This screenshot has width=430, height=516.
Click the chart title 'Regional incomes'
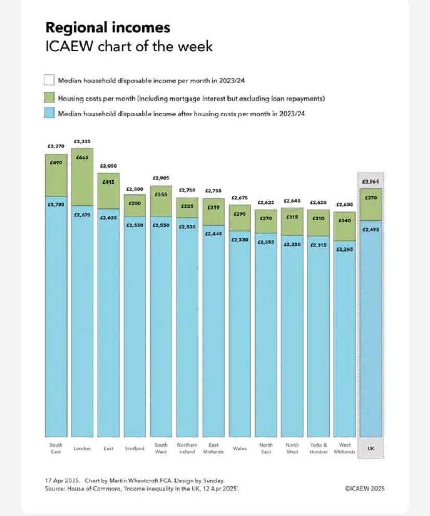[x=107, y=27]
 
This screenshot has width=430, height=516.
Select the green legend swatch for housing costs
[x=49, y=97]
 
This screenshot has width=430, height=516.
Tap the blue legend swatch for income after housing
[x=49, y=114]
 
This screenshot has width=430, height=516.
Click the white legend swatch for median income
[x=49, y=80]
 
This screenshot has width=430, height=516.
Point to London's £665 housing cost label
[x=82, y=157]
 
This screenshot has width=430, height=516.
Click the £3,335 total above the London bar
[x=82, y=141]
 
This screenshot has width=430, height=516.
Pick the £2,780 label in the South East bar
[x=56, y=205]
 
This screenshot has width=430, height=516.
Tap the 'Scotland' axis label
[x=135, y=449]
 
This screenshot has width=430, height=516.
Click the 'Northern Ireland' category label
[x=187, y=449]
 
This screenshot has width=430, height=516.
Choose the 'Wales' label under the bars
[x=239, y=449]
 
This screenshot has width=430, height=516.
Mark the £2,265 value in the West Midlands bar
[x=344, y=249]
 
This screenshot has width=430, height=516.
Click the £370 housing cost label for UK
[x=371, y=198]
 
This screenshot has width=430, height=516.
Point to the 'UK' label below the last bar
[x=371, y=449]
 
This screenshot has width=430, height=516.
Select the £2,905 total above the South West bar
[x=161, y=178]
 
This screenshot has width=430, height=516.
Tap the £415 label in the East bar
[x=109, y=182]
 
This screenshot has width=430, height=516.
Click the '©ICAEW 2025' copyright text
[x=364, y=489]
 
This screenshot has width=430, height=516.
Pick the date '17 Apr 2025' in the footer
[x=62, y=481]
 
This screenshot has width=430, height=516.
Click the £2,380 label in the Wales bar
[x=239, y=239]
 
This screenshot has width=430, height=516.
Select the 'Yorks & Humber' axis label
[x=318, y=449]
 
